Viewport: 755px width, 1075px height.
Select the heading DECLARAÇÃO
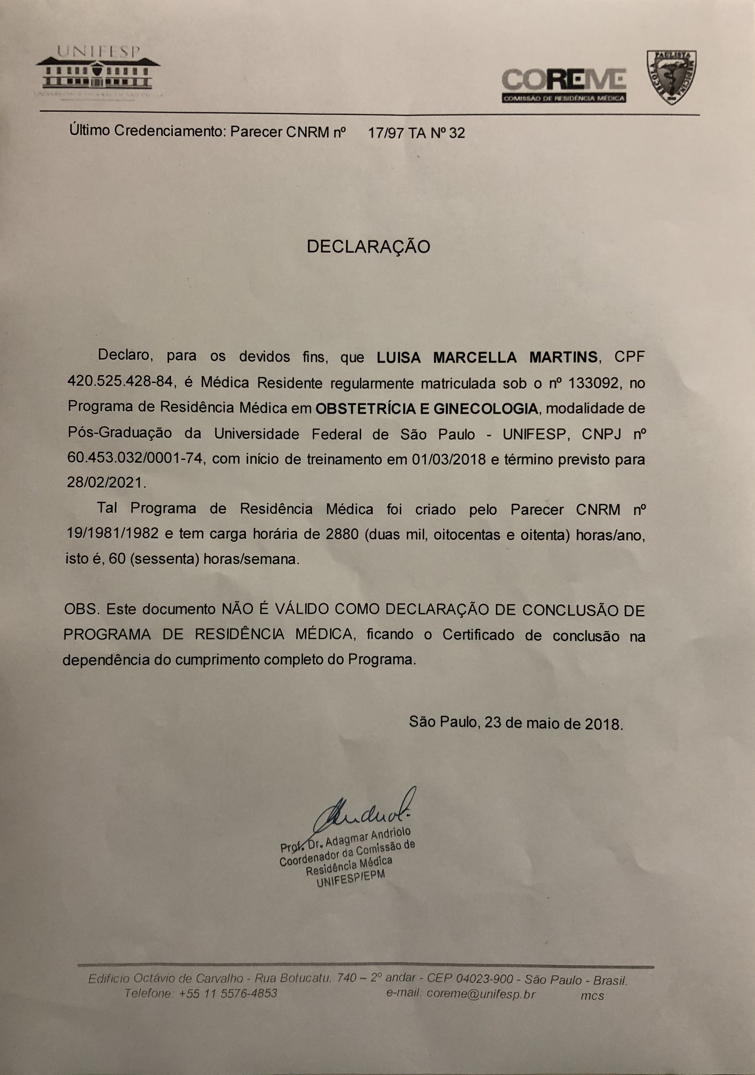(x=368, y=247)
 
